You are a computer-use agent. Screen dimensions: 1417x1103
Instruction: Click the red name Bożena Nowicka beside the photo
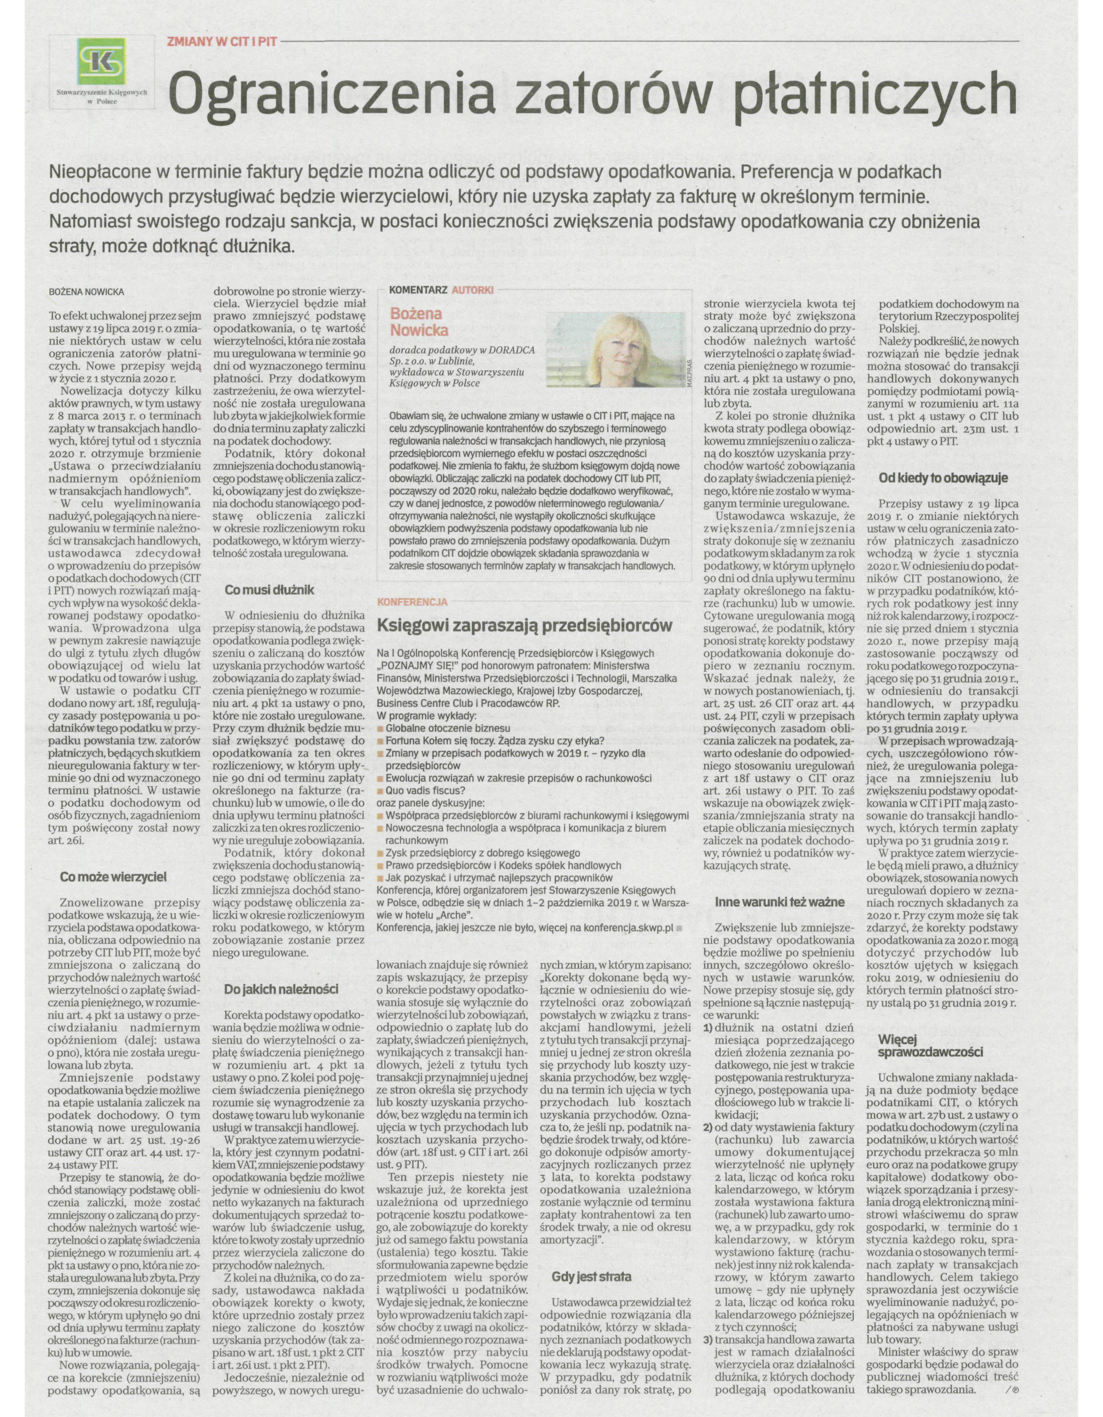419,322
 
